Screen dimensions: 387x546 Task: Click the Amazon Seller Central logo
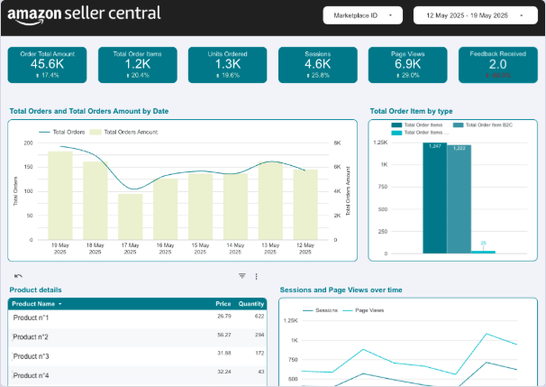pyautogui.click(x=85, y=14)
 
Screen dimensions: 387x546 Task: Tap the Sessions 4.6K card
pyautogui.click(x=317, y=65)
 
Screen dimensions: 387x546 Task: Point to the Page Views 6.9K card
pyautogui.click(x=407, y=65)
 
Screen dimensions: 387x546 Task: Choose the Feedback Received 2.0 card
pyautogui.click(x=497, y=65)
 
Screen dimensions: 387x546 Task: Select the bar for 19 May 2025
pyautogui.click(x=60, y=196)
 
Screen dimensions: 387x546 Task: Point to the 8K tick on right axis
pyautogui.click(x=336, y=143)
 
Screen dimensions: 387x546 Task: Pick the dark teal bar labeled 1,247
pyautogui.click(x=434, y=197)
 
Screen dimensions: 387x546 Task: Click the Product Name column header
pyautogui.click(x=36, y=304)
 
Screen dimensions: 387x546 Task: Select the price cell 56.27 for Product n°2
pyautogui.click(x=224, y=335)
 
